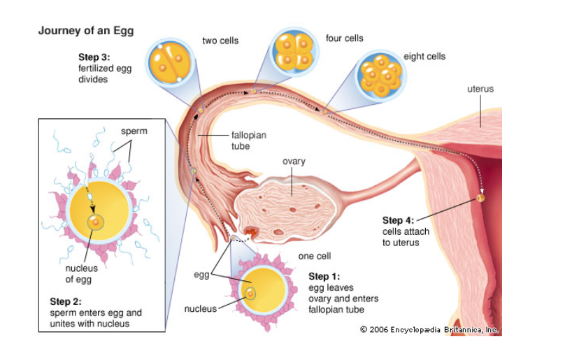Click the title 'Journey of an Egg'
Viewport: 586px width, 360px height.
pyautogui.click(x=86, y=31)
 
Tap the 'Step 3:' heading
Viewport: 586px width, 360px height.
pyautogui.click(x=94, y=57)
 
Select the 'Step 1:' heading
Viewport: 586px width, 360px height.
pyautogui.click(x=324, y=276)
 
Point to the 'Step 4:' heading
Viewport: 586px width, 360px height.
pyautogui.click(x=398, y=220)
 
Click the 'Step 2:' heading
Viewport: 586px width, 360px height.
pyautogui.click(x=66, y=301)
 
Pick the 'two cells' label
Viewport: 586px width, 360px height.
pyautogui.click(x=220, y=41)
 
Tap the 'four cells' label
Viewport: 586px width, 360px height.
pyautogui.click(x=344, y=38)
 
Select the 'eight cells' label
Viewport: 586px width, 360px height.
pyautogui.click(x=424, y=57)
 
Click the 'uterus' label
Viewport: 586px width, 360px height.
pyautogui.click(x=480, y=89)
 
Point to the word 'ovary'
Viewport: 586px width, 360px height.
pyautogui.click(x=294, y=161)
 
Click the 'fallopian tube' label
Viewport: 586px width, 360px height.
pyautogui.click(x=248, y=141)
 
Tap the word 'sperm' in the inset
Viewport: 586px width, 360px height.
pyautogui.click(x=134, y=131)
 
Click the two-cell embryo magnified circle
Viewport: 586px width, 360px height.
pyautogui.click(x=170, y=62)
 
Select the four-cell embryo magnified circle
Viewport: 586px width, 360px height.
pyautogui.click(x=294, y=52)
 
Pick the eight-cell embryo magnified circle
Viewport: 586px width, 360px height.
pyautogui.click(x=381, y=75)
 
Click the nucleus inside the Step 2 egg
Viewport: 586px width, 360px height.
pyautogui.click(x=96, y=222)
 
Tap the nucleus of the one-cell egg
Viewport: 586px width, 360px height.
pyautogui.click(x=250, y=294)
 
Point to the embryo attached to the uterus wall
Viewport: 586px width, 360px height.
pyautogui.click(x=481, y=198)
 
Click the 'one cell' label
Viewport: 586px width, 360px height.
pyautogui.click(x=314, y=256)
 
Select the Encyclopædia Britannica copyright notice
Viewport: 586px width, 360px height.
pyautogui.click(x=429, y=330)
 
